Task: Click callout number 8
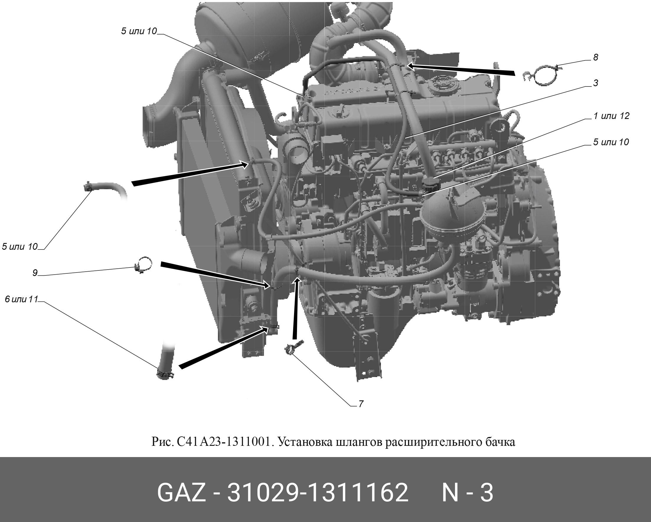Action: [595, 57]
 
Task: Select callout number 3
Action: [595, 83]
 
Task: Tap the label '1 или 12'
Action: [611, 116]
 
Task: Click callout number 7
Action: [361, 404]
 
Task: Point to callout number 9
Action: [35, 273]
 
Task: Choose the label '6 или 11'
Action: [21, 299]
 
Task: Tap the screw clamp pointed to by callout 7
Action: [293, 348]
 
